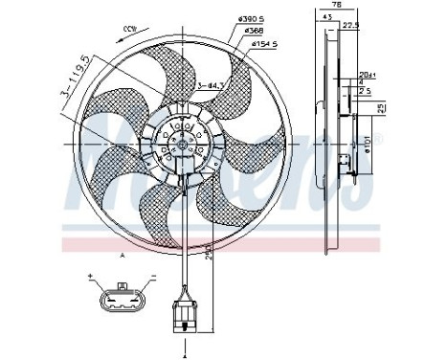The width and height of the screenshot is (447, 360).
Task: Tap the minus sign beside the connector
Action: click(152, 277)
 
